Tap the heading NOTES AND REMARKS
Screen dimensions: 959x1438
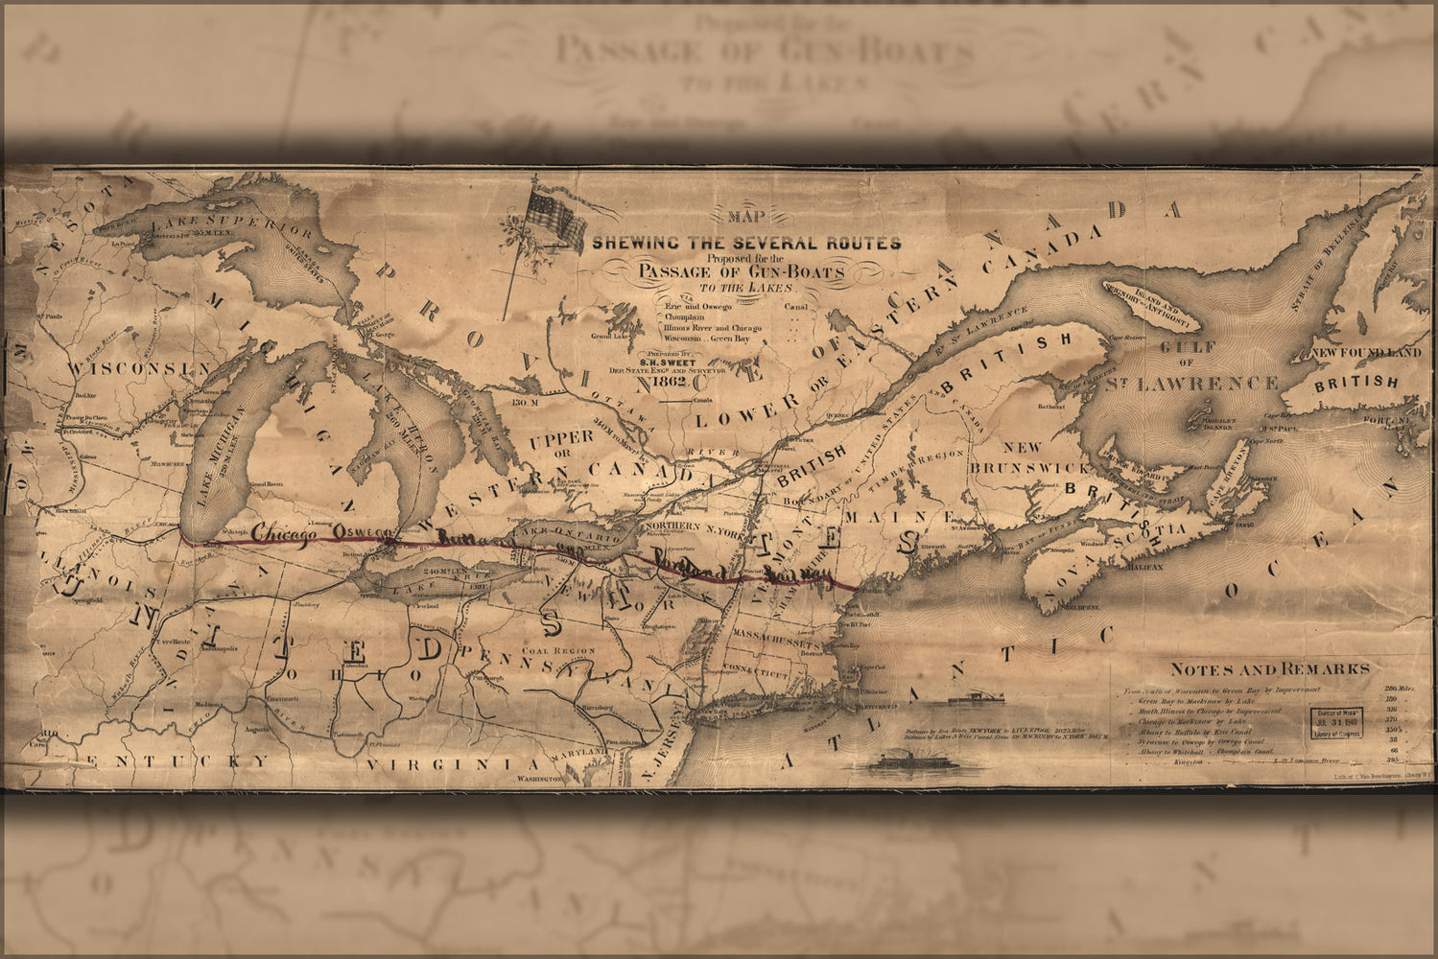coord(1269,669)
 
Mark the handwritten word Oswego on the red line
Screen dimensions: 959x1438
coord(357,533)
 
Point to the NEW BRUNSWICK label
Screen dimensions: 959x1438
coord(1030,457)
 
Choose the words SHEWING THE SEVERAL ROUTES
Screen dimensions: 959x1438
coord(745,243)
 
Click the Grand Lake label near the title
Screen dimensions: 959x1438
coord(607,337)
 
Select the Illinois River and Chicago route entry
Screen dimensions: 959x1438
coord(709,327)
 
